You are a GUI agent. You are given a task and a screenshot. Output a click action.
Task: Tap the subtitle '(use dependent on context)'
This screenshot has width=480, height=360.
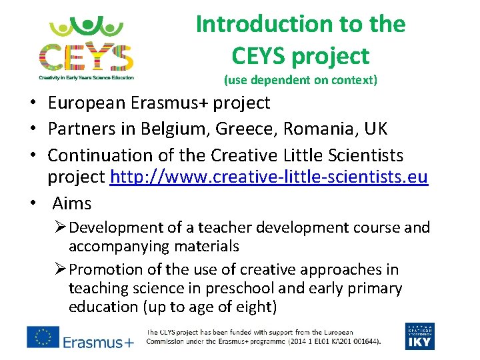pos(300,81)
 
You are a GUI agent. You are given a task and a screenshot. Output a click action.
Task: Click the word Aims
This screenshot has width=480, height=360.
pos(71,203)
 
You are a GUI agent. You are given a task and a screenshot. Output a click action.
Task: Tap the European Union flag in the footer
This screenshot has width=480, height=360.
pos(43,337)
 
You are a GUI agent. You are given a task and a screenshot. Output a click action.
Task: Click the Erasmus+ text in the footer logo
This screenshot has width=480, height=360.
pos(99,342)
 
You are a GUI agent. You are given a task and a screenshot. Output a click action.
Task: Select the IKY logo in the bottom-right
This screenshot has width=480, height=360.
pos(419,336)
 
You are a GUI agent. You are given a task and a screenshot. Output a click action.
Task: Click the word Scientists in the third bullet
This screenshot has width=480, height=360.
pos(363,155)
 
